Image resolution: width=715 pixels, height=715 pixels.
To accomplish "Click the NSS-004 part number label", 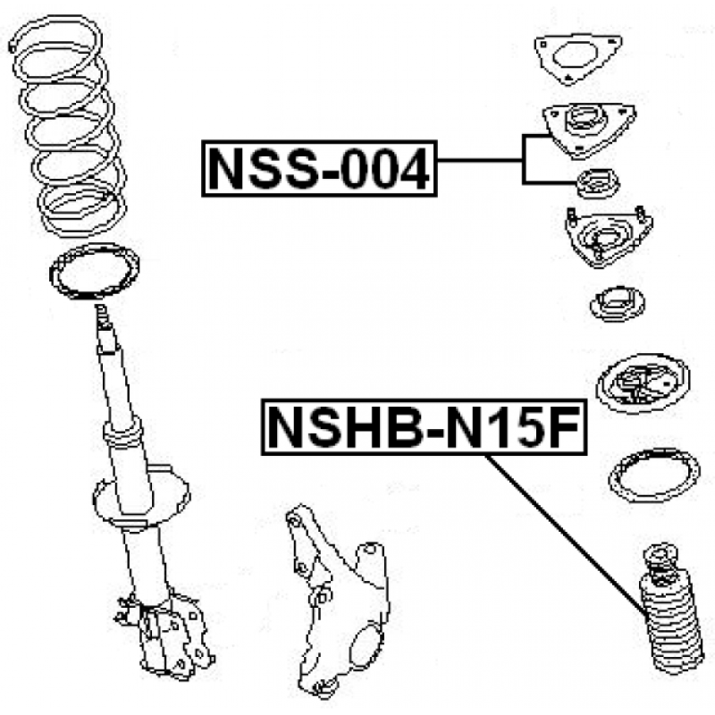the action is pyautogui.click(x=319, y=169).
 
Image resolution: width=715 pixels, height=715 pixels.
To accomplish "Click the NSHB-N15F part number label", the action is pyautogui.click(x=424, y=427).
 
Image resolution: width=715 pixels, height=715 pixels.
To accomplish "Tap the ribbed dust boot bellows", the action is pyautogui.click(x=671, y=625).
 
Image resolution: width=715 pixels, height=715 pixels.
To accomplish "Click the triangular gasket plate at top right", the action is pyautogui.click(x=578, y=58).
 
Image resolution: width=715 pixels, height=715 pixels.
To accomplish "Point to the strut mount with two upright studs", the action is pyautogui.click(x=609, y=237).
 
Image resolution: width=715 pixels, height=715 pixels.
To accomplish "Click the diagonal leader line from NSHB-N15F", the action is pyautogui.click(x=565, y=534).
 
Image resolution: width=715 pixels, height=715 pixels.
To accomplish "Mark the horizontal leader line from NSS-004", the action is pyautogui.click(x=480, y=160).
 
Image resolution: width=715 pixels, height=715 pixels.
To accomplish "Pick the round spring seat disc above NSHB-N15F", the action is pyautogui.click(x=643, y=383).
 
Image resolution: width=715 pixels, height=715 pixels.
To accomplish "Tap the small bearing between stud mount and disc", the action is pyautogui.click(x=618, y=304).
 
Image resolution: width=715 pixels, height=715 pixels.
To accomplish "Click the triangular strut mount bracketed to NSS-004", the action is pyautogui.click(x=589, y=130).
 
